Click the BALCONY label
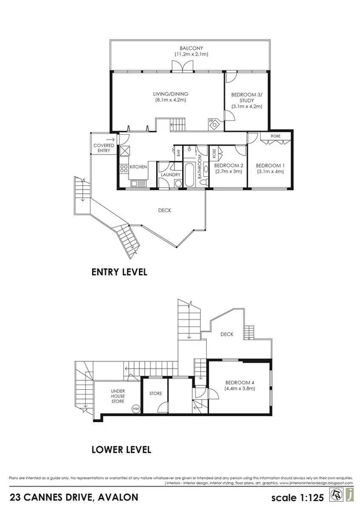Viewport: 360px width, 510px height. pyautogui.click(x=191, y=48)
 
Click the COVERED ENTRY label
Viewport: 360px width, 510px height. pyautogui.click(x=103, y=149)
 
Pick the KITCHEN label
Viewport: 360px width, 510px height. pyautogui.click(x=138, y=167)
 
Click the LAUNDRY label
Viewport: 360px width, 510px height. pyautogui.click(x=171, y=175)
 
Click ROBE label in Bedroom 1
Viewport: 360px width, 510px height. pyautogui.click(x=275, y=137)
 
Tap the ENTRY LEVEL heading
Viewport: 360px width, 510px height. pyautogui.click(x=119, y=272)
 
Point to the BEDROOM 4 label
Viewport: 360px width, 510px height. pyautogui.click(x=239, y=382)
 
